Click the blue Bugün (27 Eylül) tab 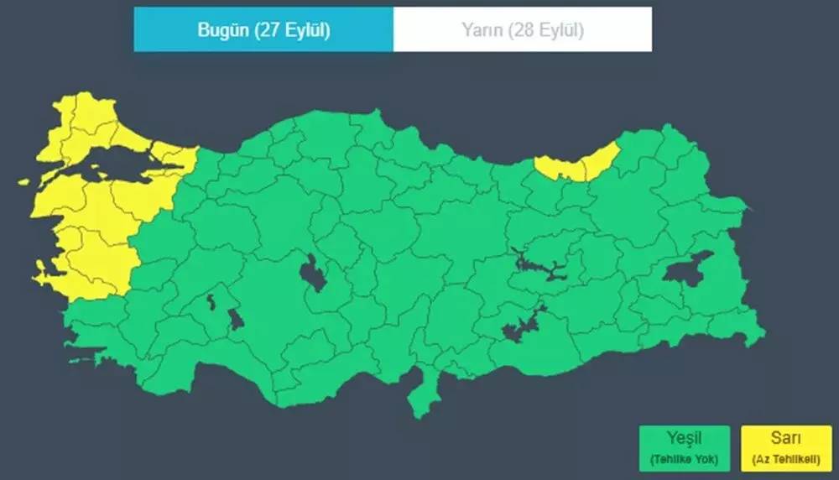[x=263, y=29]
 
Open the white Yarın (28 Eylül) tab [x=522, y=29]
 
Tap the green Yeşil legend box [x=684, y=448]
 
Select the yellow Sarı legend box [x=785, y=448]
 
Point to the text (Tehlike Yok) [x=684, y=459]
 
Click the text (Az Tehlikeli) [x=785, y=459]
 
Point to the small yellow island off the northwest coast [x=23, y=181]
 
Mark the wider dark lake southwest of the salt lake [x=236, y=319]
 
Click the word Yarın [x=480, y=29]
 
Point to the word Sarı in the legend [x=785, y=438]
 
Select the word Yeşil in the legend [x=684, y=438]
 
